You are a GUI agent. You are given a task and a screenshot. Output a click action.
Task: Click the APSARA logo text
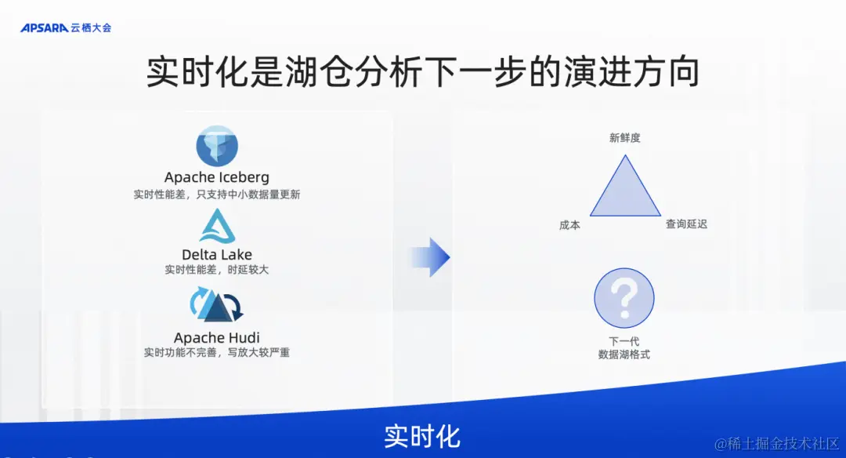pyautogui.click(x=45, y=27)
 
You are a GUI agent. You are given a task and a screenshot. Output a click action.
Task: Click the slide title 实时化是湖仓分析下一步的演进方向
pyautogui.click(x=422, y=72)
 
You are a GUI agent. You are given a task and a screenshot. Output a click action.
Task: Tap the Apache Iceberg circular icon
pyautogui.click(x=217, y=146)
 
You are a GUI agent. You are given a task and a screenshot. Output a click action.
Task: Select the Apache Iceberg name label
pyautogui.click(x=217, y=178)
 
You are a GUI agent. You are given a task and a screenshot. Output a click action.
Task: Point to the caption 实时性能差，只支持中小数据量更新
pyautogui.click(x=217, y=194)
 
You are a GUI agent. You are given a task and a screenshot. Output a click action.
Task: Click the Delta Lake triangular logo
pyautogui.click(x=217, y=227)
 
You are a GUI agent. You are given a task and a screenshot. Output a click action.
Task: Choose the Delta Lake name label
pyautogui.click(x=217, y=254)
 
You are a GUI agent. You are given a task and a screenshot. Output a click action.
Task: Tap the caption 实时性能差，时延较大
pyautogui.click(x=217, y=270)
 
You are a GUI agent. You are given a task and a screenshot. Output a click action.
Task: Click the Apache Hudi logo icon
pyautogui.click(x=217, y=305)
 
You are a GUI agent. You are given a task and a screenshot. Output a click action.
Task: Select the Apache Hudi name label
pyautogui.click(x=217, y=338)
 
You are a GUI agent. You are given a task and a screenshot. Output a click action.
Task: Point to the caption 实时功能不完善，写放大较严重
pyautogui.click(x=217, y=353)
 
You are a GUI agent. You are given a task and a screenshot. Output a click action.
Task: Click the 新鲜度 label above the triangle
pyautogui.click(x=625, y=138)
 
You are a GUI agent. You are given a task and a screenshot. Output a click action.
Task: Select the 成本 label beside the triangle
pyautogui.click(x=569, y=225)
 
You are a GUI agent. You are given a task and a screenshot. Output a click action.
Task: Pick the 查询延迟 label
pyautogui.click(x=686, y=224)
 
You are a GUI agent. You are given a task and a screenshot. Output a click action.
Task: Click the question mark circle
pyautogui.click(x=624, y=298)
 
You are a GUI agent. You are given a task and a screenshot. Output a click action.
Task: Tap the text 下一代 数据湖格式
pyautogui.click(x=624, y=348)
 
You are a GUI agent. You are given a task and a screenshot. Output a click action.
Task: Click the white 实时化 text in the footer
pyautogui.click(x=422, y=436)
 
